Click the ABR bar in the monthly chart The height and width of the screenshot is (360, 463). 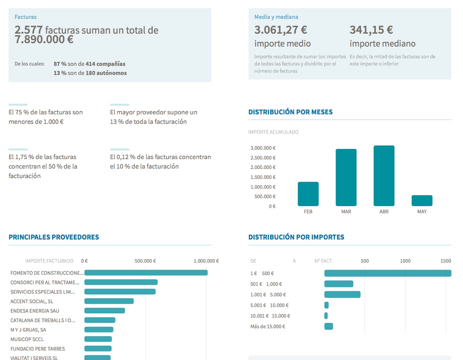click(384, 176)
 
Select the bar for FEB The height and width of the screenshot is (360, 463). click(308, 194)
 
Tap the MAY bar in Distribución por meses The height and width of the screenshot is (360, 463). click(422, 201)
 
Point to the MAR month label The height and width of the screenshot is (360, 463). click(346, 212)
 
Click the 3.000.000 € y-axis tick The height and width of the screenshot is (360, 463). click(263, 148)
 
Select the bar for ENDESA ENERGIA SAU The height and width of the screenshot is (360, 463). click(105, 311)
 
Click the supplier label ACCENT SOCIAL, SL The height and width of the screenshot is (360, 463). click(32, 301)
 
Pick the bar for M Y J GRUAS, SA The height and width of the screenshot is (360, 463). click(99, 330)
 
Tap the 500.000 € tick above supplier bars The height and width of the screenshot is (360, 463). click(145, 261)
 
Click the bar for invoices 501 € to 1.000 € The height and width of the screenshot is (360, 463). click(339, 284)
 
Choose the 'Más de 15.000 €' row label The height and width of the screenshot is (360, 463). click(268, 326)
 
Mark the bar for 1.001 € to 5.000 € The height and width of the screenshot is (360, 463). click(342, 294)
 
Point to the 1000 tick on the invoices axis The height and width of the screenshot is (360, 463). click(405, 261)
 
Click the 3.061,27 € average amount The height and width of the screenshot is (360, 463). click(281, 30)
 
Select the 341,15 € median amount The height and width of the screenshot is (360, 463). click(371, 30)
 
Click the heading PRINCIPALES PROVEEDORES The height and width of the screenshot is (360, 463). click(54, 237)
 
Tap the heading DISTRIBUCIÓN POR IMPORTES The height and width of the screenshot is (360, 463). click(296, 237)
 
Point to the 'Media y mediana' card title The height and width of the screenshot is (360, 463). click(276, 17)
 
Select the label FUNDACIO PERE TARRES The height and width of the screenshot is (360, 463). click(37, 349)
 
